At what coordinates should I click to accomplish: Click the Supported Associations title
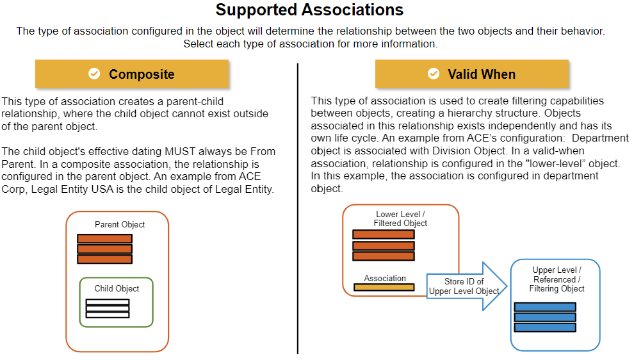tap(309, 10)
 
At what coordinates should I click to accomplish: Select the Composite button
tap(132, 74)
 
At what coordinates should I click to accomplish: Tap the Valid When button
tap(472, 74)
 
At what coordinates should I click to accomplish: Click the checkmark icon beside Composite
tap(94, 74)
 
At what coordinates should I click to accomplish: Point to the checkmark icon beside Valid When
tap(434, 74)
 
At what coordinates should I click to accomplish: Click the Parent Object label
tap(120, 224)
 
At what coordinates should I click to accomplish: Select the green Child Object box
tap(117, 302)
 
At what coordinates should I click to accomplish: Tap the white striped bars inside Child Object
tap(108, 309)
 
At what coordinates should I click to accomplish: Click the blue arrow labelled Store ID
tap(467, 286)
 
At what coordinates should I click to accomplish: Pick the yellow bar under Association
tap(384, 288)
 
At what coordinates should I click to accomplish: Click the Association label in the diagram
tap(384, 278)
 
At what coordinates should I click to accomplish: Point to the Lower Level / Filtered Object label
tap(400, 218)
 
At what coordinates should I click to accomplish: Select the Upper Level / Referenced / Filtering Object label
tap(557, 279)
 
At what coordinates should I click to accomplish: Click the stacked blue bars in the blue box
tap(545, 317)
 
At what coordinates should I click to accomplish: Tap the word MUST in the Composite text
tap(179, 151)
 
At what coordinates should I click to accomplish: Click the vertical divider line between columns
tap(298, 209)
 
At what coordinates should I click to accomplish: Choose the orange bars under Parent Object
tap(105, 249)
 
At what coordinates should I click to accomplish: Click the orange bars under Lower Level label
tap(384, 245)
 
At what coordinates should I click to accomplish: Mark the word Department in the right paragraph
tap(601, 138)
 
